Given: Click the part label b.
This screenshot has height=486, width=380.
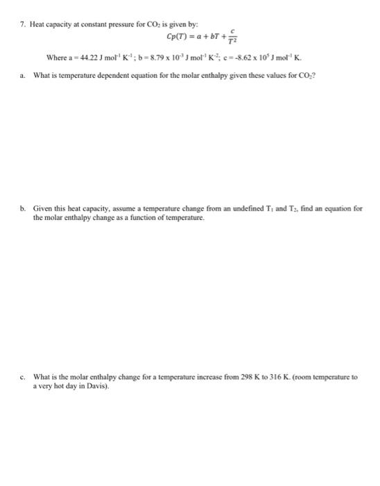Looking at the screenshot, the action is coord(23,208).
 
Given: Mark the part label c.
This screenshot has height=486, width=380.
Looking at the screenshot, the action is coord(23,377).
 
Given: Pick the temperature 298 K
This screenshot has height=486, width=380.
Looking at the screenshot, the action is coord(243,377).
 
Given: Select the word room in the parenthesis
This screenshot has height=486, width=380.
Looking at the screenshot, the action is coord(300,377).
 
